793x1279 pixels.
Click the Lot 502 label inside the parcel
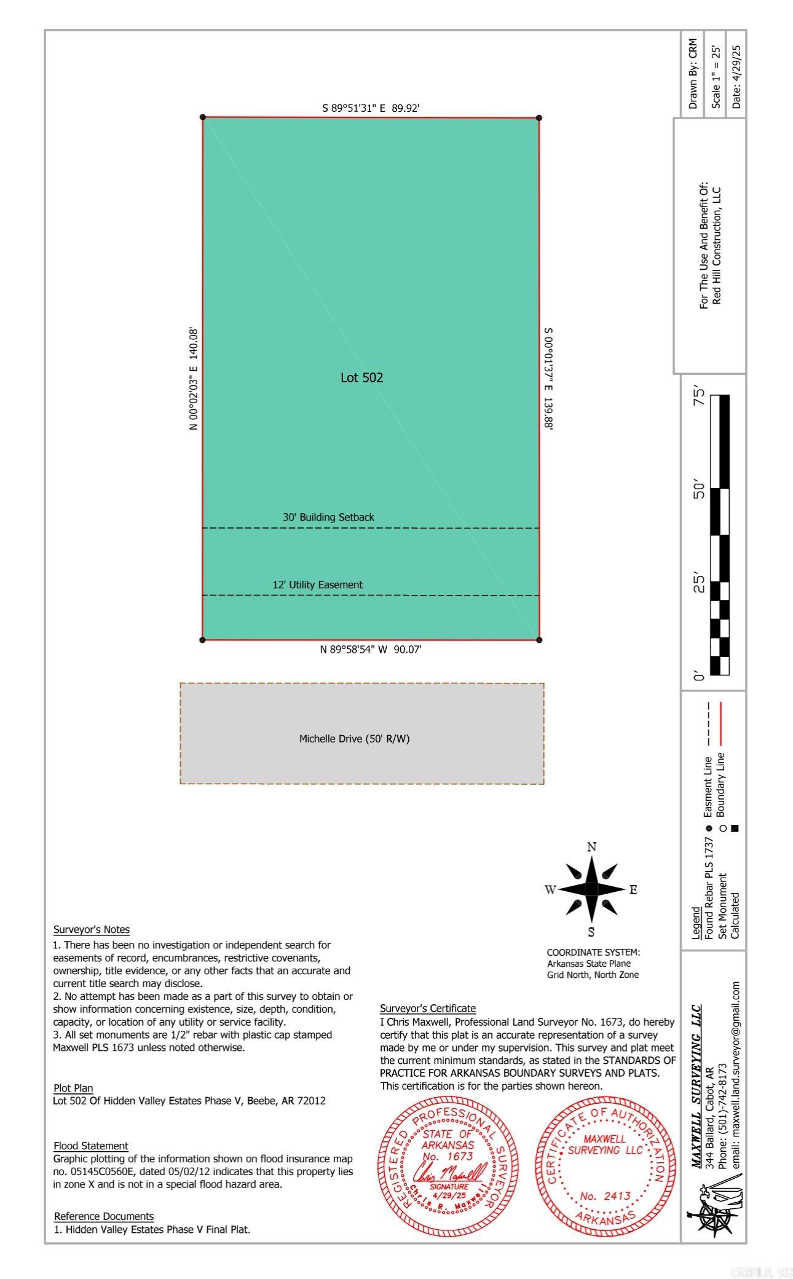pyautogui.click(x=361, y=377)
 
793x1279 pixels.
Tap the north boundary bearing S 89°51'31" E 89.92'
pyautogui.click(x=371, y=108)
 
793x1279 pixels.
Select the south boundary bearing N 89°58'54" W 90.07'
pyautogui.click(x=371, y=650)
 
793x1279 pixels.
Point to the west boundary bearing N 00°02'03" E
pyautogui.click(x=194, y=379)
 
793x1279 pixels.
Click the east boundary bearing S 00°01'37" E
pyautogui.click(x=548, y=379)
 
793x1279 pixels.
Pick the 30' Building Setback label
pyautogui.click(x=328, y=518)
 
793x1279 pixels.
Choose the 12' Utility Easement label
pyautogui.click(x=317, y=585)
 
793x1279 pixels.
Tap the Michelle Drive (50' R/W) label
pyautogui.click(x=354, y=739)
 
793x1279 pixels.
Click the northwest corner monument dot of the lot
pyautogui.click(x=203, y=117)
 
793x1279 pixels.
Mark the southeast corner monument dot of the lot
pyautogui.click(x=539, y=640)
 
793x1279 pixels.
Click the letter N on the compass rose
pyautogui.click(x=591, y=847)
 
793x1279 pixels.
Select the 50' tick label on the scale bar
pyautogui.click(x=699, y=490)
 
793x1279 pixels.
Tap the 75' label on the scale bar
pyautogui.click(x=699, y=395)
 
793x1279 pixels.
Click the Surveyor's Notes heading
pyautogui.click(x=92, y=929)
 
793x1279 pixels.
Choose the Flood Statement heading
pyautogui.click(x=91, y=1146)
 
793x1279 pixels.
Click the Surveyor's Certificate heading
pyautogui.click(x=428, y=1008)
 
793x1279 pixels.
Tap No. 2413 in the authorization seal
pyautogui.click(x=605, y=1196)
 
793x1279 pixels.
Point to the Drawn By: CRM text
pyautogui.click(x=693, y=74)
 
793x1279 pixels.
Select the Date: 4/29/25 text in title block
pyautogui.click(x=736, y=77)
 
